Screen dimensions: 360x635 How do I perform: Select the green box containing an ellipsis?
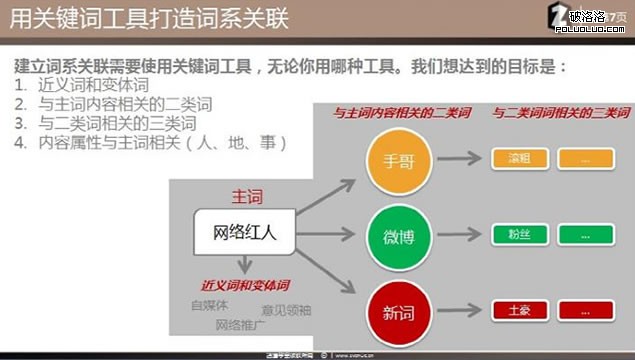586,236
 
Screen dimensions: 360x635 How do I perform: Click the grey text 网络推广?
241,325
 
